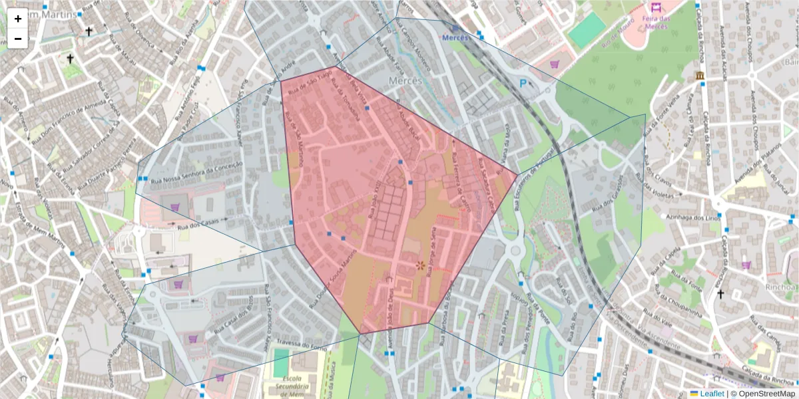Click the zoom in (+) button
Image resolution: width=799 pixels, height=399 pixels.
(x=18, y=19)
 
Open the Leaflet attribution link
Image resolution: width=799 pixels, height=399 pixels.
(x=712, y=394)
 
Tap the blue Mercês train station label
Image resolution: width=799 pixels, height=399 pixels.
(x=455, y=37)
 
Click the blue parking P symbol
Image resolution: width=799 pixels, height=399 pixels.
(x=523, y=84)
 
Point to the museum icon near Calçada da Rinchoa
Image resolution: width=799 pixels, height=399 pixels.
(x=699, y=76)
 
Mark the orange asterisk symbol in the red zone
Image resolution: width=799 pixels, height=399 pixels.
(x=420, y=265)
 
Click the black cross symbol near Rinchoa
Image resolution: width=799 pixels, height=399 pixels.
(x=720, y=294)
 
